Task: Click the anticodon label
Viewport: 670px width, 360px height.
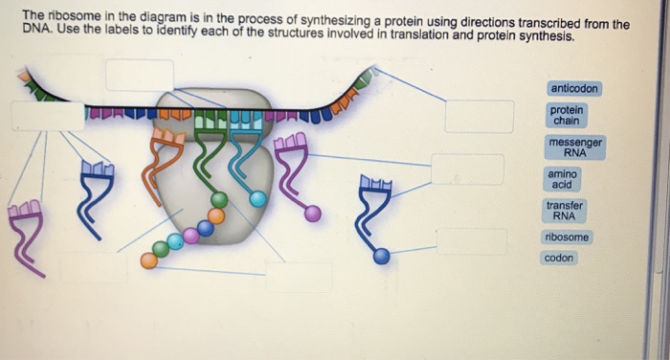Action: (x=574, y=88)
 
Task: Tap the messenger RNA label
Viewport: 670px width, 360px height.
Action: (x=575, y=147)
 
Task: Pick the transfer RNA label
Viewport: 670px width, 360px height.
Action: (x=565, y=211)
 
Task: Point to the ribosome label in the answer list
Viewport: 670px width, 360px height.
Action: (x=567, y=236)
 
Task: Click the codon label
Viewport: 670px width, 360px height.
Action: (x=559, y=259)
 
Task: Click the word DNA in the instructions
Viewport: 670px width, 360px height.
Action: (x=36, y=37)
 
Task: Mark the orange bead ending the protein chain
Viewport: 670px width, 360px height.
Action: (x=147, y=259)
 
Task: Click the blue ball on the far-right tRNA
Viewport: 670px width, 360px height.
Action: (x=381, y=256)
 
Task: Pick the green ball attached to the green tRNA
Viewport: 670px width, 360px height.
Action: (x=219, y=200)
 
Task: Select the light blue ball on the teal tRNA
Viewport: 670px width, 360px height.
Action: (x=257, y=199)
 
